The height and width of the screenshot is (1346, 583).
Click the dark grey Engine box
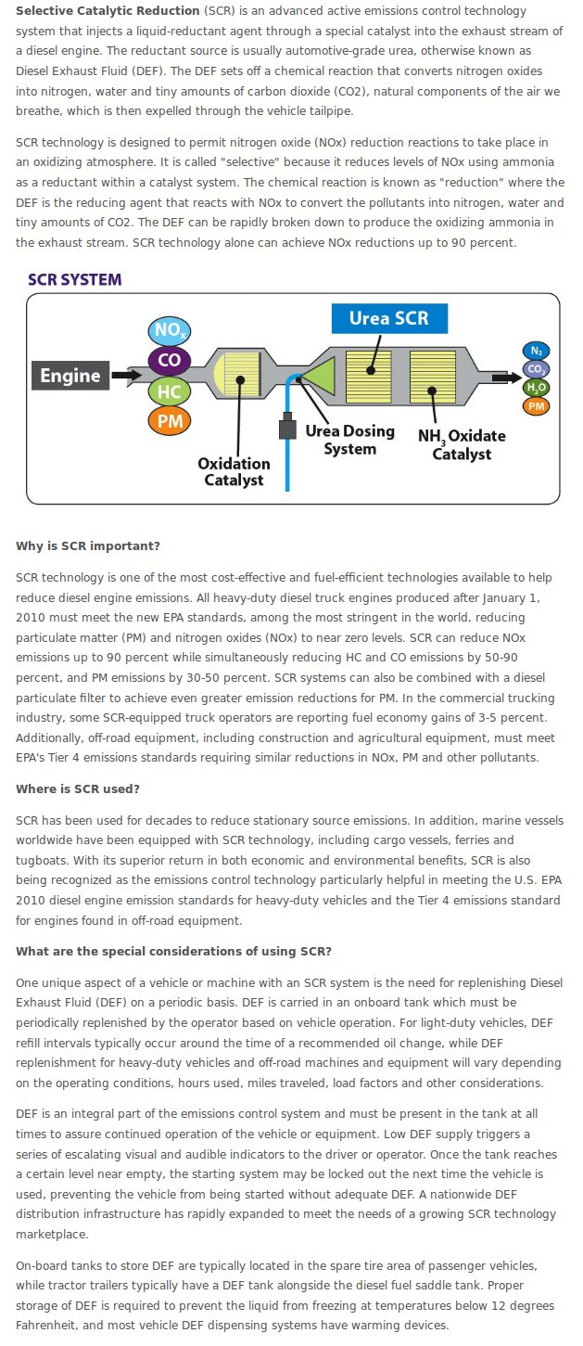click(x=70, y=376)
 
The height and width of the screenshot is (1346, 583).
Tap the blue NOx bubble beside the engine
click(x=170, y=330)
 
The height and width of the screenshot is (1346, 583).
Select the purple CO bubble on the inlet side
click(x=170, y=360)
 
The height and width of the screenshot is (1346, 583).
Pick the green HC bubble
click(x=170, y=391)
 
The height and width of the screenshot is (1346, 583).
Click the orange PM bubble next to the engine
click(x=170, y=420)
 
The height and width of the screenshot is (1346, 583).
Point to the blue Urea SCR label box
click(x=389, y=318)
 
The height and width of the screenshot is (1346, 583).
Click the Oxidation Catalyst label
click(x=234, y=471)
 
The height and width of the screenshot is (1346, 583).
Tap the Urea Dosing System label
click(x=350, y=440)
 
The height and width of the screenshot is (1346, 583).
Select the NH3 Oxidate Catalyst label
click(x=462, y=444)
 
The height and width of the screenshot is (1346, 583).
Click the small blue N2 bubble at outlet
click(x=536, y=351)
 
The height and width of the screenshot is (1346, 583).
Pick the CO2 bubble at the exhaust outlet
click(x=536, y=369)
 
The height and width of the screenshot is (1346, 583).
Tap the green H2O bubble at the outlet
click(x=536, y=388)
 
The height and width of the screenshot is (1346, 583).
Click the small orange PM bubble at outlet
click(x=536, y=406)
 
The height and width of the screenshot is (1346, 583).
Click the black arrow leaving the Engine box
click(x=127, y=376)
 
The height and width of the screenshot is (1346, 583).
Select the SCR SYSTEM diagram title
click(x=74, y=279)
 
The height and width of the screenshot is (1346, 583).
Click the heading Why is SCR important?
click(x=88, y=545)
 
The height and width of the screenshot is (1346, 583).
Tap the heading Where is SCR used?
click(x=78, y=789)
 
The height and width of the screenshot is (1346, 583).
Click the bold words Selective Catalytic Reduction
click(x=108, y=11)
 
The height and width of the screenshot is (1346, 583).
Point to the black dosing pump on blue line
click(x=287, y=426)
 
